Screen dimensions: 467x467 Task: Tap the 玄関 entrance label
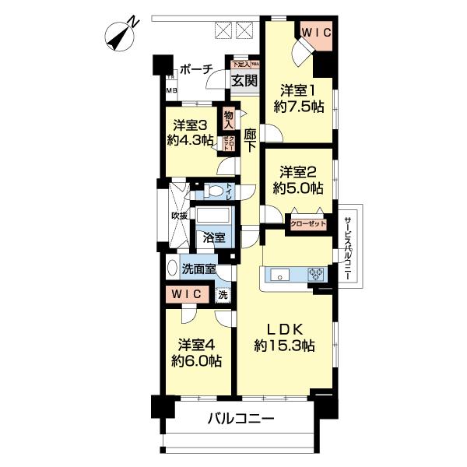pyautogui.click(x=244, y=80)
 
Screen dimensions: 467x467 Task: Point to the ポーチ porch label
pyautogui.click(x=195, y=69)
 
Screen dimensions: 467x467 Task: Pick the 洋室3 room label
pyautogui.click(x=191, y=125)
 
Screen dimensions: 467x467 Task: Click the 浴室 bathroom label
pyautogui.click(x=214, y=238)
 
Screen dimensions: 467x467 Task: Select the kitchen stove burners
pyautogui.click(x=317, y=273)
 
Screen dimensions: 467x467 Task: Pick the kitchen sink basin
pyautogui.click(x=279, y=273)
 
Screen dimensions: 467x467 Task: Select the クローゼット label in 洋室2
pyautogui.click(x=307, y=223)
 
